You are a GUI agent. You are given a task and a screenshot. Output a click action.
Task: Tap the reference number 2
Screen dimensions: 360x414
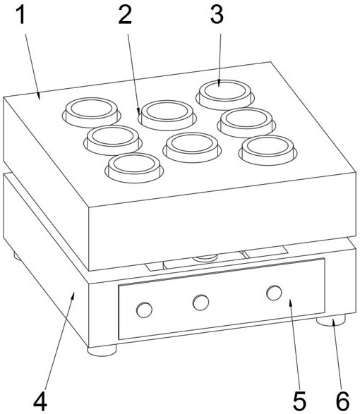(125, 15)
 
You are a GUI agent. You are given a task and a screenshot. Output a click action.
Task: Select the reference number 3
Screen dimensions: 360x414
(217, 15)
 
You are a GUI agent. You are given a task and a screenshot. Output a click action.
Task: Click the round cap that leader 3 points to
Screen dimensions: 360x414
(225, 95)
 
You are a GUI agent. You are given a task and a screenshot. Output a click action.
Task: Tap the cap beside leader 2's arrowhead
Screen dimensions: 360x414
(167, 114)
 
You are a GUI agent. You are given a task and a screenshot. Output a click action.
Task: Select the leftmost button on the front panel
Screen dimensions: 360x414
(144, 310)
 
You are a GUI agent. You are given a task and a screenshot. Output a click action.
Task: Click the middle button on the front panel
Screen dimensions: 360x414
(201, 303)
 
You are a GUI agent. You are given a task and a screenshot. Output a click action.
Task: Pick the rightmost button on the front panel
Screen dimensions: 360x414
(274, 293)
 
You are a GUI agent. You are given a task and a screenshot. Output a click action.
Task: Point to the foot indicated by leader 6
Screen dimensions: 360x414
(331, 320)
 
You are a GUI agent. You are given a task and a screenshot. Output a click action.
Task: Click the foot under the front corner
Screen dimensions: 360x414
(102, 351)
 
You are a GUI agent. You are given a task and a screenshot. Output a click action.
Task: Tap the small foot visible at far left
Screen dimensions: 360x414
(17, 256)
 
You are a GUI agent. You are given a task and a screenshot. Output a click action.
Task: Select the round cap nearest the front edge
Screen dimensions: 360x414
(134, 167)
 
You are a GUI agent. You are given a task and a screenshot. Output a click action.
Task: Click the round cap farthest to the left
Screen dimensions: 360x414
(92, 112)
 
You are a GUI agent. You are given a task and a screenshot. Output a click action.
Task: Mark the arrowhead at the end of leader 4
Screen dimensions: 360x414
(73, 296)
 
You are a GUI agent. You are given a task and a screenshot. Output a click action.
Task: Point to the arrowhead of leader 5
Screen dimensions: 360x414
(291, 303)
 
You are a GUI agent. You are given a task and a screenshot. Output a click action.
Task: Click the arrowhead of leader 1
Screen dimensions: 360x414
(39, 96)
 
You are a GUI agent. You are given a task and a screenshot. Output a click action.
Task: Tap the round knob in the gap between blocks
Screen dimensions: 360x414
(205, 257)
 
